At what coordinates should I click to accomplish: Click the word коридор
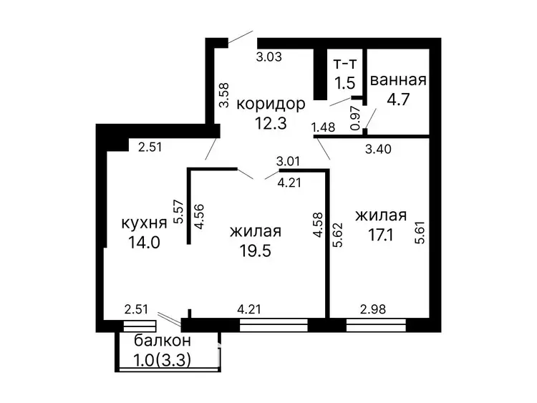[271, 104]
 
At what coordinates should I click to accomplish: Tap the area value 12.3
[270, 123]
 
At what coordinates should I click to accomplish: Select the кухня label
[144, 223]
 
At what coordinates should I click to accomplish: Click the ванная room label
[398, 79]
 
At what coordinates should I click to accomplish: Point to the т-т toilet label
[345, 63]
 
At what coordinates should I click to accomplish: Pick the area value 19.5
[255, 251]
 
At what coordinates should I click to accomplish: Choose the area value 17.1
[380, 236]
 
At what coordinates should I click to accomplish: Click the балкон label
[163, 341]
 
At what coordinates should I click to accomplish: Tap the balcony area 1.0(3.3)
[162, 360]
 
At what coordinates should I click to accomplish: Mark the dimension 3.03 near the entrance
[268, 57]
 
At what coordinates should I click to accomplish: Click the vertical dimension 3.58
[224, 95]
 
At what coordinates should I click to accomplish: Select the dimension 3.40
[378, 149]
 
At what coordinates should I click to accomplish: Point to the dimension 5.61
[420, 233]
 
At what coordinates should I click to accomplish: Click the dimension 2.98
[373, 309]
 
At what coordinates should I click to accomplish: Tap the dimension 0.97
[355, 118]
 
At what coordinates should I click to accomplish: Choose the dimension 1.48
[323, 127]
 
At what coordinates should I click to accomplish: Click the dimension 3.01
[289, 161]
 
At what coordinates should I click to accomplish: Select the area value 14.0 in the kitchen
[144, 243]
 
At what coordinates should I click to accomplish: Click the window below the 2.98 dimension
[376, 325]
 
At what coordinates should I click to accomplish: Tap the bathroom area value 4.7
[398, 99]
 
